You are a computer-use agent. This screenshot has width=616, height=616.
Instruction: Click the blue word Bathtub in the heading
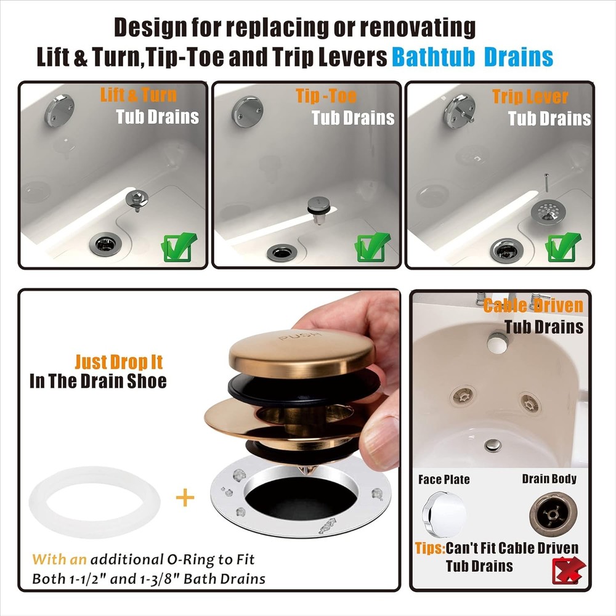434,57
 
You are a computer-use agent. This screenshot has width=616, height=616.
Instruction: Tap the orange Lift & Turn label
138,95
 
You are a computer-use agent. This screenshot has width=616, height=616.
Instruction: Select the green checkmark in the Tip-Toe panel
371,248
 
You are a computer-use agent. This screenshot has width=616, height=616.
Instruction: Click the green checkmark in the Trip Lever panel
562,247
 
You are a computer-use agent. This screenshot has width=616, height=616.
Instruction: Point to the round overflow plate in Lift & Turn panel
59,110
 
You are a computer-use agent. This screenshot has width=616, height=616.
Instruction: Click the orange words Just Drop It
119,361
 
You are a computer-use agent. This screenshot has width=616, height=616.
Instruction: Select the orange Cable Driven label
533,306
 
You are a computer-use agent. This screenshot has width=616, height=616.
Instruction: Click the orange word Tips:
429,548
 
